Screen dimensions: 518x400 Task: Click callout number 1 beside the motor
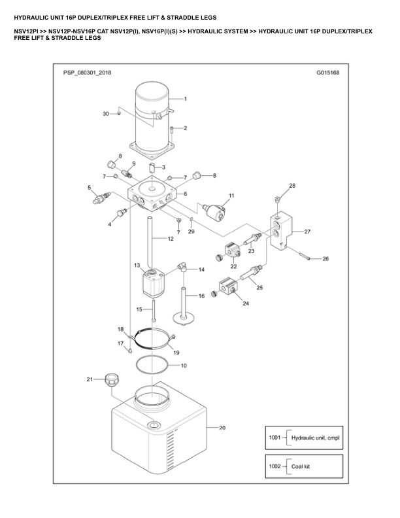click(x=186, y=99)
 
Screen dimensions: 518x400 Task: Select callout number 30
click(x=106, y=114)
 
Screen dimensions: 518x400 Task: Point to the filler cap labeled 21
click(x=110, y=380)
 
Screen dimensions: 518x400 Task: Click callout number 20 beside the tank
click(x=222, y=428)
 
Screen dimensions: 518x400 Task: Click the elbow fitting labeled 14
click(x=184, y=268)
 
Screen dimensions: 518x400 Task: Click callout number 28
click(x=292, y=186)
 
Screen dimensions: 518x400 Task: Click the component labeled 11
click(x=214, y=212)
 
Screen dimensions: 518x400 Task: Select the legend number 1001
click(x=274, y=437)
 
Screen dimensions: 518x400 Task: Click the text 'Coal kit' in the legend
click(x=300, y=466)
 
